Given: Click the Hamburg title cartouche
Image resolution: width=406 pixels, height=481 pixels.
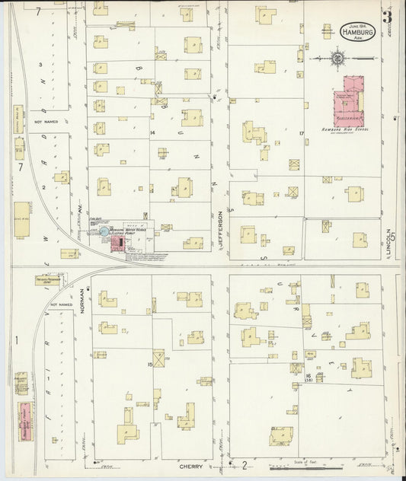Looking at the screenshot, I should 357,33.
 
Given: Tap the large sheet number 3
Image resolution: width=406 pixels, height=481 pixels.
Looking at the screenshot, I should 388,17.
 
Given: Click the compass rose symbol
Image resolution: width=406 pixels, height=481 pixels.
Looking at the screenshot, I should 337,57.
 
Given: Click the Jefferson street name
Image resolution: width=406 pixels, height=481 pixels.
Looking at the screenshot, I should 220,228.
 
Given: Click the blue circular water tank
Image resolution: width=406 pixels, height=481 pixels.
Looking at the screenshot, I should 104,231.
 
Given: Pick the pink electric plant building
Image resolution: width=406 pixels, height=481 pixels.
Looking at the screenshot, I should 117,243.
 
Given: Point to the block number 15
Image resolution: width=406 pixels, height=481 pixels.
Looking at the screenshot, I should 150,365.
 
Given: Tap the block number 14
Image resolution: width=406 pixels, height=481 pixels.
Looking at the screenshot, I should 152,133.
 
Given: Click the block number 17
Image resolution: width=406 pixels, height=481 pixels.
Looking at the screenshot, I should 302,133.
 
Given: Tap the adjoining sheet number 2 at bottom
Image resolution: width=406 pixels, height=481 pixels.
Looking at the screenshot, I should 245,465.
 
